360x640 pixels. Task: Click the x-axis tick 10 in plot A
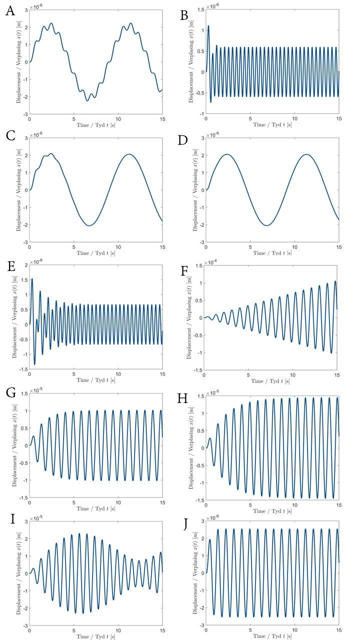click(x=118, y=120)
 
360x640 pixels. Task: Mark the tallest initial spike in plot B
click(x=208, y=25)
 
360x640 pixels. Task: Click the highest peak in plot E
click(x=32, y=278)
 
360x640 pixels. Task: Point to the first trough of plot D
click(x=266, y=225)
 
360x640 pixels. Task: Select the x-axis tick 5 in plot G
click(x=74, y=501)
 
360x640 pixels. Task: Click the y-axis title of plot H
click(x=190, y=445)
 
